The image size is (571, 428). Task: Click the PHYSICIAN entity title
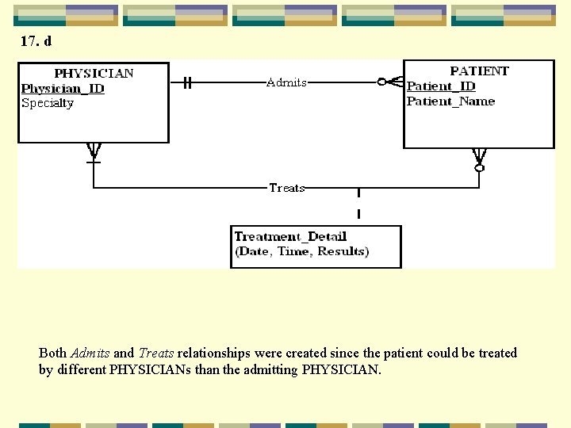pos(94,74)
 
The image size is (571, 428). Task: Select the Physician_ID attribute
pos(63,88)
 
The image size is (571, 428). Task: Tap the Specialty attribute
pos(48,103)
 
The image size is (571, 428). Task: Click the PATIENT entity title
pos(479,71)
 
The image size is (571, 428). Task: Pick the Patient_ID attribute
pos(441,86)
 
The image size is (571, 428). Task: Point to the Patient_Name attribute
pos(450,101)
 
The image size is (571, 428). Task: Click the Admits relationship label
pos(286,82)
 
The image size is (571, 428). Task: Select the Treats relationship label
pos(286,188)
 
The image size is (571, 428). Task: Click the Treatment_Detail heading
pos(290,236)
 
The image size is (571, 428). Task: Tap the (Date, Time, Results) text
pos(301,251)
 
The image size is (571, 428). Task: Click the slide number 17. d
pos(36,41)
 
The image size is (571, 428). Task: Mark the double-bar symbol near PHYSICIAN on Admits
pos(187,82)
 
